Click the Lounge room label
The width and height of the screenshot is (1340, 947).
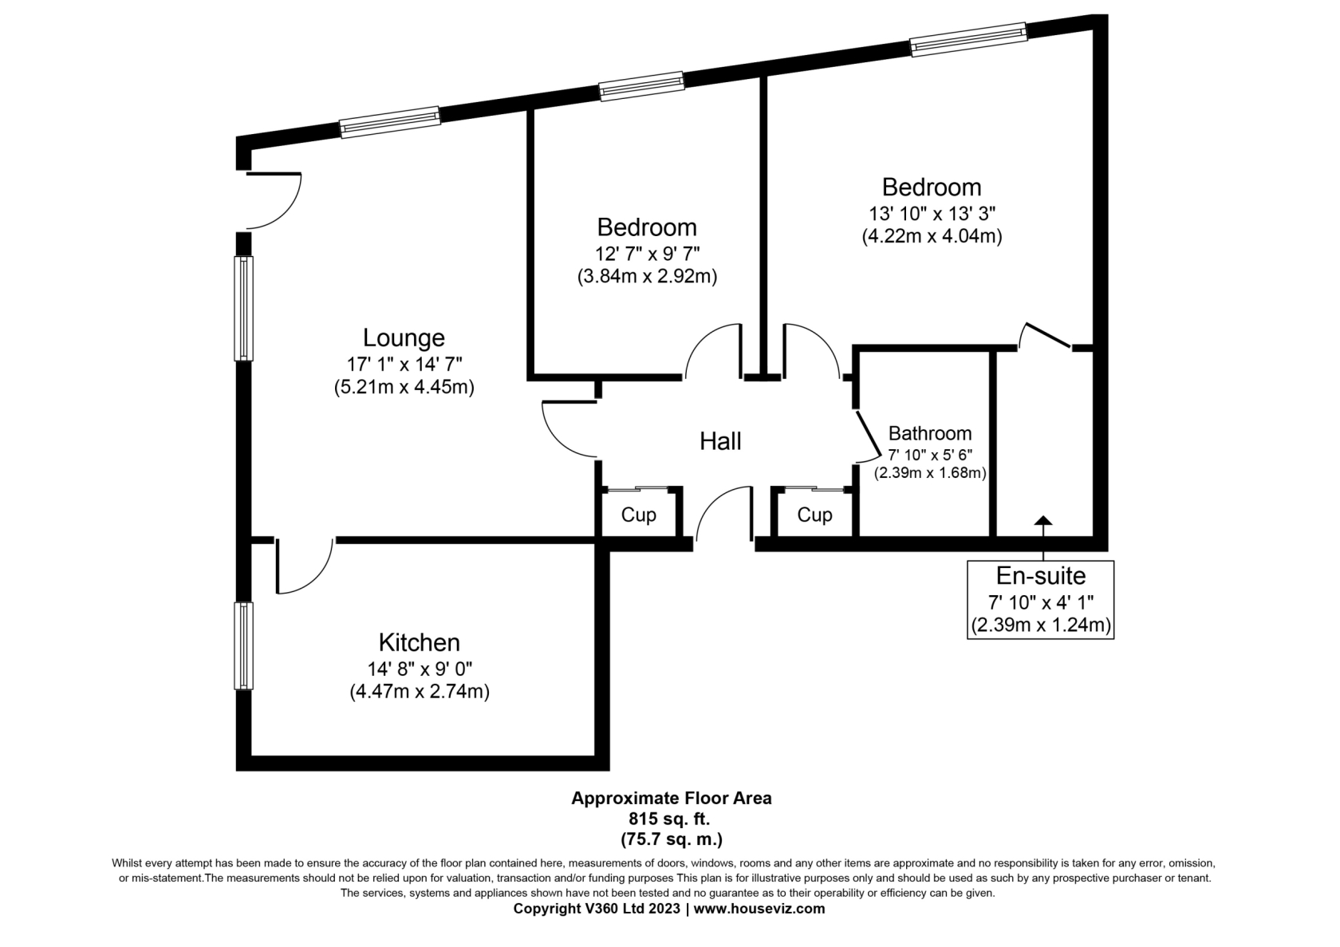pyautogui.click(x=404, y=338)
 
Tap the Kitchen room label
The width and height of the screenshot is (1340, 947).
pyautogui.click(x=420, y=642)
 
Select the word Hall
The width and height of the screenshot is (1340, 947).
pyautogui.click(x=720, y=441)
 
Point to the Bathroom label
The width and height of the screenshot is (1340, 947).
pyautogui.click(x=930, y=433)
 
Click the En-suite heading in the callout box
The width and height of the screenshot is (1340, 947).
pyautogui.click(x=1040, y=575)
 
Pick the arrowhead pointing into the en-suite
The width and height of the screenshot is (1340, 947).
pyautogui.click(x=1043, y=520)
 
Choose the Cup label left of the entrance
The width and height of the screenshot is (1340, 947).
pyautogui.click(x=638, y=515)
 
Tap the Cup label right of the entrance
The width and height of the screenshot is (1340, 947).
pyautogui.click(x=814, y=515)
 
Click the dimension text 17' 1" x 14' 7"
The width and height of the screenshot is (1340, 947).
pyautogui.click(x=404, y=364)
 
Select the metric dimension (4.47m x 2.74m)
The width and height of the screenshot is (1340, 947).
pyautogui.click(x=420, y=692)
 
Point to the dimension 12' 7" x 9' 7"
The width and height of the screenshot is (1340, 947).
pyautogui.click(x=648, y=254)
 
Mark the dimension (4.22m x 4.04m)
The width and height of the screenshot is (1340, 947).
pyautogui.click(x=932, y=236)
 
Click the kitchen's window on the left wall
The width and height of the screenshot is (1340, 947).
pyautogui.click(x=243, y=645)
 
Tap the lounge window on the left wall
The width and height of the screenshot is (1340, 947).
pyautogui.click(x=243, y=309)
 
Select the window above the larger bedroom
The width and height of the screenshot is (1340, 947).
pyautogui.click(x=968, y=39)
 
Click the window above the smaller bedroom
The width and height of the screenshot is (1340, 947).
pyautogui.click(x=642, y=86)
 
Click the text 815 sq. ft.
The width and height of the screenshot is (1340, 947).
pyautogui.click(x=669, y=819)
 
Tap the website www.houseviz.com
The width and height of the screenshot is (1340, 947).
pyautogui.click(x=759, y=909)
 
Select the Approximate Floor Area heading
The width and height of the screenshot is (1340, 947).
pyautogui.click(x=672, y=798)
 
